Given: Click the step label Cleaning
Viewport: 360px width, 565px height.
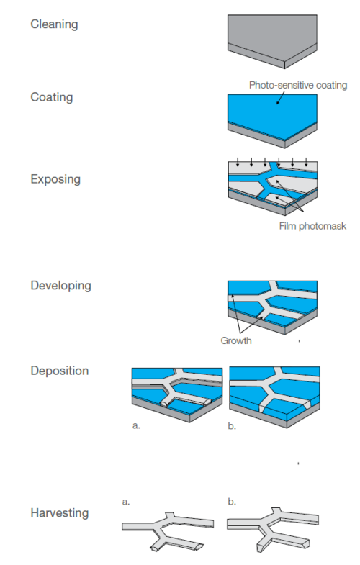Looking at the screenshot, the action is click(54, 24).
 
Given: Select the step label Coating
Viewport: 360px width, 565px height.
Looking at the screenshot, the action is click(52, 97).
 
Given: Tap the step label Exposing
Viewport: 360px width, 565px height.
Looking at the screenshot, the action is click(55, 179).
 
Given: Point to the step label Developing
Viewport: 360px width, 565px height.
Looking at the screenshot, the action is click(61, 286).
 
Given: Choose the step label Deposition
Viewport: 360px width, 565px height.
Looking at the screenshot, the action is click(60, 371).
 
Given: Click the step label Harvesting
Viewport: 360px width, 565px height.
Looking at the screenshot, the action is click(60, 512).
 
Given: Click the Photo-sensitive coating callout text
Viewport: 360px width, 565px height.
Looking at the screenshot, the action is click(298, 86).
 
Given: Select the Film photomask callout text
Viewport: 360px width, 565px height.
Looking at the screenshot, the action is click(312, 226).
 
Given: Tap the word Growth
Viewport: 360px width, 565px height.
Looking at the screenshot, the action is click(236, 340).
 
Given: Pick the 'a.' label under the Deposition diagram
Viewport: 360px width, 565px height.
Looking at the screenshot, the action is click(136, 425).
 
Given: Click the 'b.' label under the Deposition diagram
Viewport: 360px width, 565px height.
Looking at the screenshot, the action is click(232, 425).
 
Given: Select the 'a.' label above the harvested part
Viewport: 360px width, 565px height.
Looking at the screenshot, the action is click(126, 502).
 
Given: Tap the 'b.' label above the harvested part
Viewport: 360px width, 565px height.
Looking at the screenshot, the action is click(232, 501).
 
